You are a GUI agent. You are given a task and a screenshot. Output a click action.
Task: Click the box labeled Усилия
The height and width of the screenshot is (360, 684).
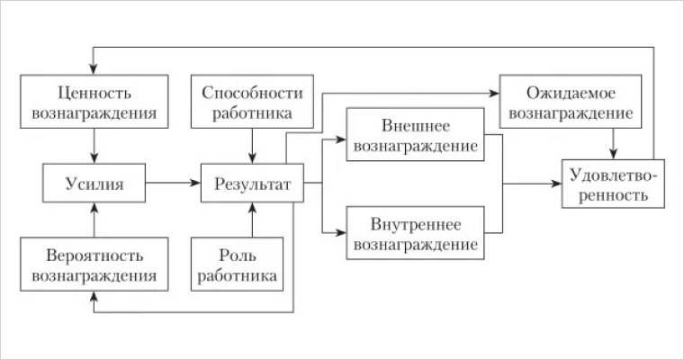pos(94,184)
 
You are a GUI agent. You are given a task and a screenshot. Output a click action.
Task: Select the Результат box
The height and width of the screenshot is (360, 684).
pos(252,184)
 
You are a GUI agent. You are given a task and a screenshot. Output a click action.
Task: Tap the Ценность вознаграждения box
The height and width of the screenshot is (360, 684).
pos(94,103)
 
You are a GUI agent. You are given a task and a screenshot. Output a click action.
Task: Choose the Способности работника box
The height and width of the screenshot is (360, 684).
pos(252,103)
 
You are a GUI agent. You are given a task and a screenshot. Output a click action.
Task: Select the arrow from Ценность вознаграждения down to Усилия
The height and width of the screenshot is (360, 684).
pos(94,144)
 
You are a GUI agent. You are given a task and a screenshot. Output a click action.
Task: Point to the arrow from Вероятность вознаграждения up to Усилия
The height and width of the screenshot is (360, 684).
pos(94,221)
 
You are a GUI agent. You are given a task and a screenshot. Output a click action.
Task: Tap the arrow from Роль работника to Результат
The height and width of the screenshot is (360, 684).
pos(252,221)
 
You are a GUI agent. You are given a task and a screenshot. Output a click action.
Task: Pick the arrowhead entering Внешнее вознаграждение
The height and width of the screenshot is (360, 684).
pos(341,139)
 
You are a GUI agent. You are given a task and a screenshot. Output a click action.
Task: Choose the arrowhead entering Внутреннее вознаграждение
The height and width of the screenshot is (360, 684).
pos(341,233)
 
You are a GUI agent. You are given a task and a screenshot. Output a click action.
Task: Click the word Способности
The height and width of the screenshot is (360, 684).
pos(252,92)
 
